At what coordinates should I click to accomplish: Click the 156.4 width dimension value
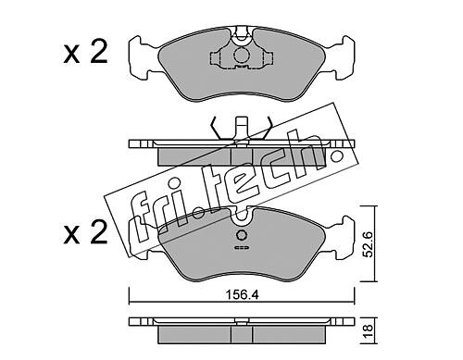[242, 295]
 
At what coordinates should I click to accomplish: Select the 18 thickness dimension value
[369, 331]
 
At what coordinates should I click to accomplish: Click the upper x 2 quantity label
[85, 53]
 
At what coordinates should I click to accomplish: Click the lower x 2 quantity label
[85, 232]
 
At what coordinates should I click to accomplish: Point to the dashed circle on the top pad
[242, 56]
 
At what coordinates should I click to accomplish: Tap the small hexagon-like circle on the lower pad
[242, 235]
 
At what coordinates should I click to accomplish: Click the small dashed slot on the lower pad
[242, 247]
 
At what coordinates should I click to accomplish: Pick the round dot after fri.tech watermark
[336, 156]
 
